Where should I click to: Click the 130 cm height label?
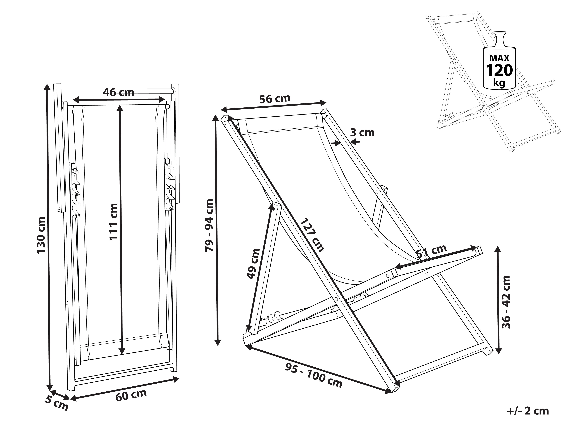click(41, 235)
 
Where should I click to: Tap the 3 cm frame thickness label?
click(362, 133)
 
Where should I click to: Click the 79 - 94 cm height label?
click(209, 225)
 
